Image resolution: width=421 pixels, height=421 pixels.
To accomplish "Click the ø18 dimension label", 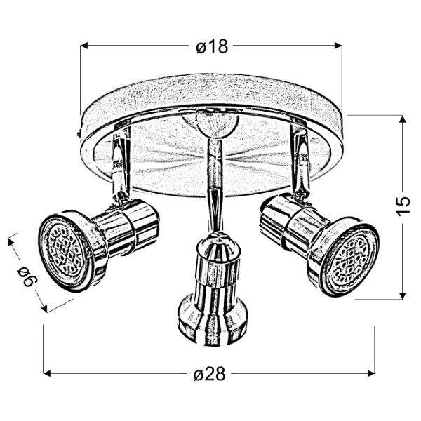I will click(x=211, y=47).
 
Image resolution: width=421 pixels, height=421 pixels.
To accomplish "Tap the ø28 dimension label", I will click(x=210, y=374).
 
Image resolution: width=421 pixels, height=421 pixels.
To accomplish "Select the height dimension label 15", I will click(x=401, y=205).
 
